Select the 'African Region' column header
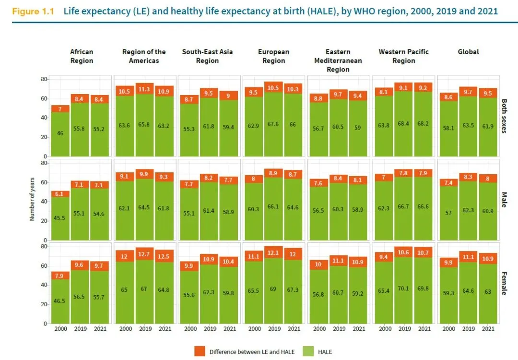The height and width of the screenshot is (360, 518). [x=82, y=56]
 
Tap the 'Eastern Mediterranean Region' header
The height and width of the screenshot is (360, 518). [x=338, y=60]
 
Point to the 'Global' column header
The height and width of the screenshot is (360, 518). [x=468, y=52]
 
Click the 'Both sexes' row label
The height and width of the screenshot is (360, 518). [x=504, y=116]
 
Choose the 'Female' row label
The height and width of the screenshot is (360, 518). [x=504, y=284]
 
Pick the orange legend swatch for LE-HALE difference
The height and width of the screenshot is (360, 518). [x=200, y=351]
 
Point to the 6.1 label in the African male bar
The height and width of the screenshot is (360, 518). [x=60, y=194]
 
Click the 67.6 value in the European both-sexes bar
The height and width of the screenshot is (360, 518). [x=274, y=124]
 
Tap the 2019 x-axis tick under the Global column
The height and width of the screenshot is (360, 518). [x=468, y=329]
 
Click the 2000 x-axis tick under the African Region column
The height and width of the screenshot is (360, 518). [x=60, y=329]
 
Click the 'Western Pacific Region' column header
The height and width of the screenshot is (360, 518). [x=403, y=56]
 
